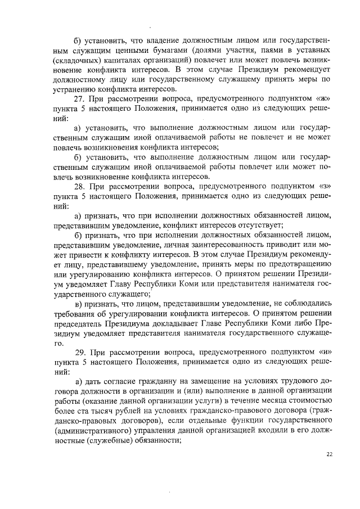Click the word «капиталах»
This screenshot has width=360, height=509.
[125, 60]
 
